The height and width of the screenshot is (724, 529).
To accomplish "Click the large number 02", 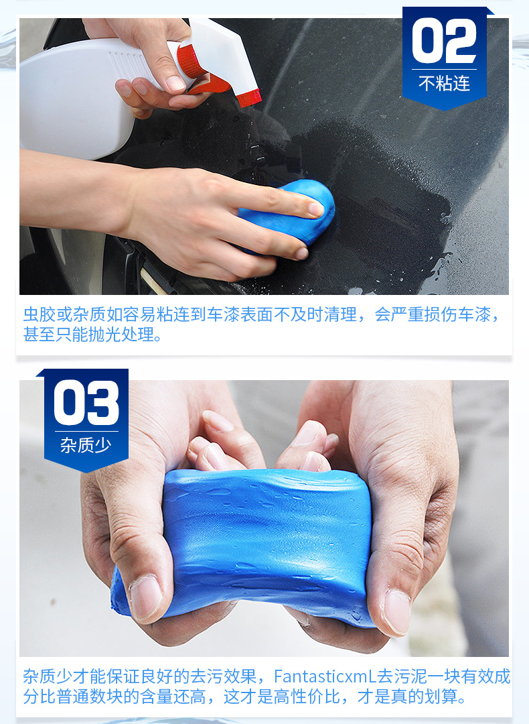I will pyautogui.click(x=445, y=42).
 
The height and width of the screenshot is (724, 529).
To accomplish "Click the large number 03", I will pyautogui.click(x=86, y=404).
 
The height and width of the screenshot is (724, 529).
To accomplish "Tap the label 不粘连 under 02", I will pyautogui.click(x=445, y=84).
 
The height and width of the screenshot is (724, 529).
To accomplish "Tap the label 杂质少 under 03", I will pyautogui.click(x=86, y=445).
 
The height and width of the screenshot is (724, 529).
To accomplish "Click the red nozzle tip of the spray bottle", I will pyautogui.click(x=249, y=97).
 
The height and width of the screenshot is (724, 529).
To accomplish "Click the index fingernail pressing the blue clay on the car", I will pyautogui.click(x=315, y=208).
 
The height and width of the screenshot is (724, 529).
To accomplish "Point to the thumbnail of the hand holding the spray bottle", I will pyautogui.click(x=175, y=83).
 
